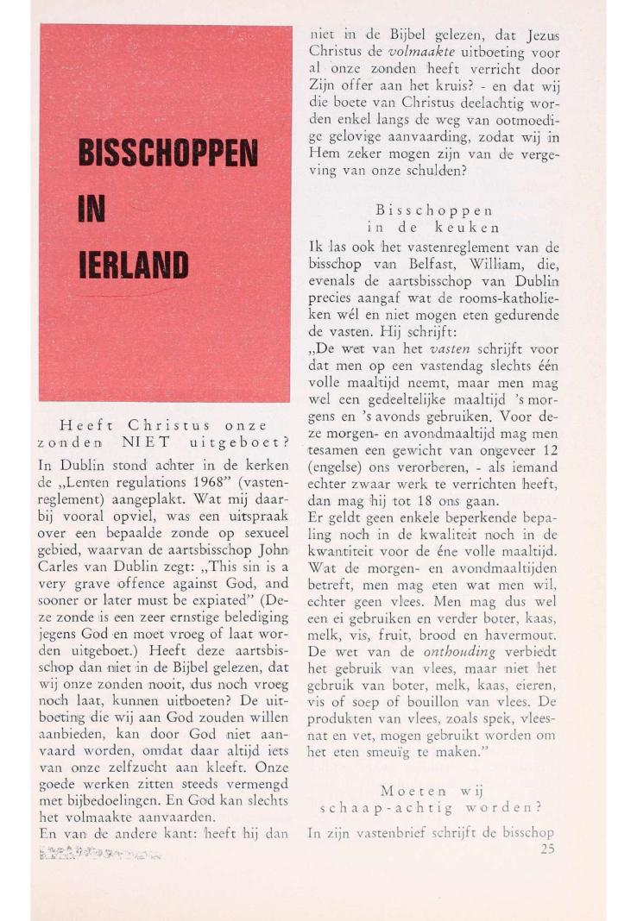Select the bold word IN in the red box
click(93, 211)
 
